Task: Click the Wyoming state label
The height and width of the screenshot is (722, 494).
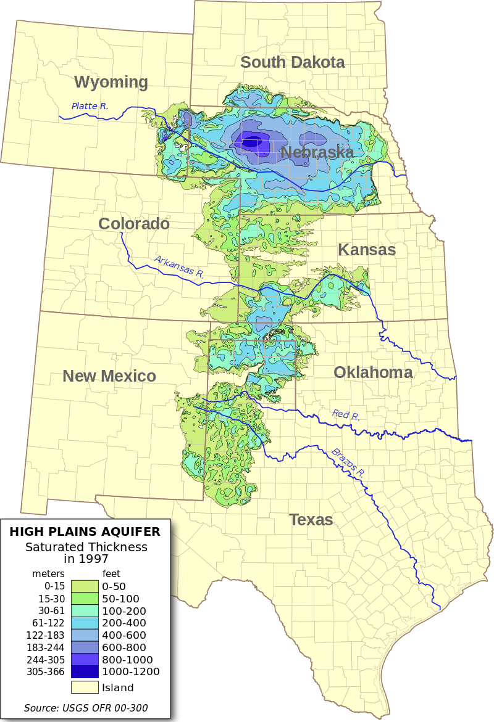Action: point(111,82)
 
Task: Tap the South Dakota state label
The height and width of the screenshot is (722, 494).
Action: point(292,62)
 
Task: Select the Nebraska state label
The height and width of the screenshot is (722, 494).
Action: point(317,152)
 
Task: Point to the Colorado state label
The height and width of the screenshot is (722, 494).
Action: point(134,223)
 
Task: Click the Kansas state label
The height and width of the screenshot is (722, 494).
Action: point(367,250)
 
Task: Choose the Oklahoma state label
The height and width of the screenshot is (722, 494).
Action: point(373,372)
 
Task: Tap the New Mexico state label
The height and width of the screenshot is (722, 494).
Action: point(109,376)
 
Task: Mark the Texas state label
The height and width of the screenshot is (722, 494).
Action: point(311,520)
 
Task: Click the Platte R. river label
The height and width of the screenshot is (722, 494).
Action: point(90,106)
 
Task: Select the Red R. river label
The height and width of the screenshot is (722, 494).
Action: point(346,415)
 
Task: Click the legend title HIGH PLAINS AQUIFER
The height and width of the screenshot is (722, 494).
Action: point(84,531)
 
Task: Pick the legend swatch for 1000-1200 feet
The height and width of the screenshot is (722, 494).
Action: point(85,671)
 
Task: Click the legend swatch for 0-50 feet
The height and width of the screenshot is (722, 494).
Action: point(85,586)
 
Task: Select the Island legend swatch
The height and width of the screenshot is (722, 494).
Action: point(85,687)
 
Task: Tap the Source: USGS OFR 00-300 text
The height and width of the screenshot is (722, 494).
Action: point(86,708)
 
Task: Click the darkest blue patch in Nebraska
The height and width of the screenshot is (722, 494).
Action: point(251,143)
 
